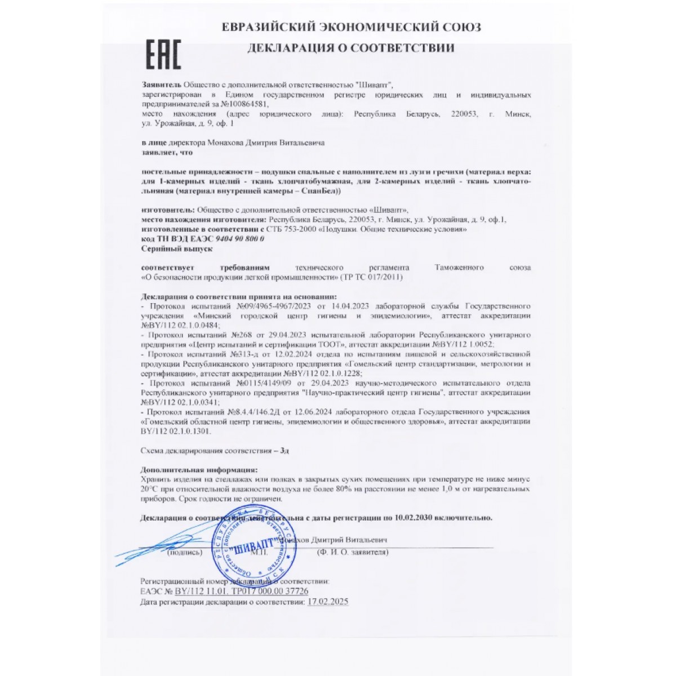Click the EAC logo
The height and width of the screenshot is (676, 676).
[163, 55]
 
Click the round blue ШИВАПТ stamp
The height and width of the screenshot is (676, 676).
[246, 548]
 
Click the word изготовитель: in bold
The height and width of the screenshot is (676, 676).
[166, 211]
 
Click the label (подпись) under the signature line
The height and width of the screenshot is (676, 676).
[185, 553]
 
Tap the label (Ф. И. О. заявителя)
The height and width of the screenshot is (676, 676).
[353, 553]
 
